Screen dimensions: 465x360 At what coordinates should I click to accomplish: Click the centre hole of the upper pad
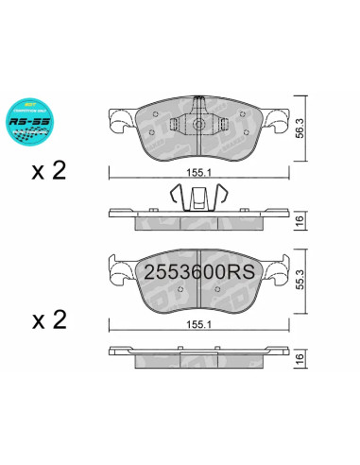199,125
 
